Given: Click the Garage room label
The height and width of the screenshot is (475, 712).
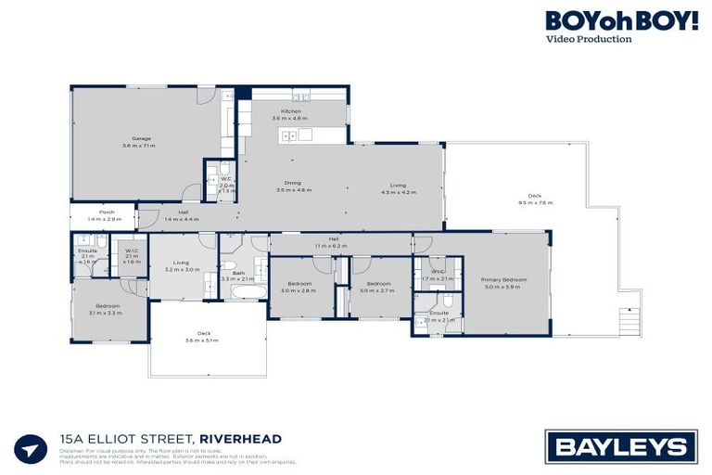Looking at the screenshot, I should tap(141, 142).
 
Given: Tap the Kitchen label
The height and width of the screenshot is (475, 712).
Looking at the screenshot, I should tap(287, 115).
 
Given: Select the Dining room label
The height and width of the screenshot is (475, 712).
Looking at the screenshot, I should tap(293, 186).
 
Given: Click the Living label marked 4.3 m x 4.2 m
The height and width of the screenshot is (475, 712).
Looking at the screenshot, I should tap(399, 189).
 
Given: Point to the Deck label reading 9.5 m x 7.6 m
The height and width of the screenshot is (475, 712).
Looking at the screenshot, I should tap(534, 199).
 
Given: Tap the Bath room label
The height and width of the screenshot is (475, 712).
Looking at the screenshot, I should tap(238, 276).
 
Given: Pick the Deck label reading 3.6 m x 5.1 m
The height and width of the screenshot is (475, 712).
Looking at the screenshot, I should tap(204, 337).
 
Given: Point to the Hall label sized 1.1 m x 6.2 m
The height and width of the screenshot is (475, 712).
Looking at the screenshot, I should tap(333, 241).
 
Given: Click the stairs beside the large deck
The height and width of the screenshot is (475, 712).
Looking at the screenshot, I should tap(628, 323).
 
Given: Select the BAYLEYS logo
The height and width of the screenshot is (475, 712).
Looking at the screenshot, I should tap(621, 446).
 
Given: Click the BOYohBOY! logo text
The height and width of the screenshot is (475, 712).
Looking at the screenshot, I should tap(621, 20).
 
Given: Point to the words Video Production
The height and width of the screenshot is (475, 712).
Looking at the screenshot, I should tap(589, 39).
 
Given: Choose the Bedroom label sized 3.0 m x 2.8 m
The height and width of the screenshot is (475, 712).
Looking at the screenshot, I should tap(299, 287).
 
